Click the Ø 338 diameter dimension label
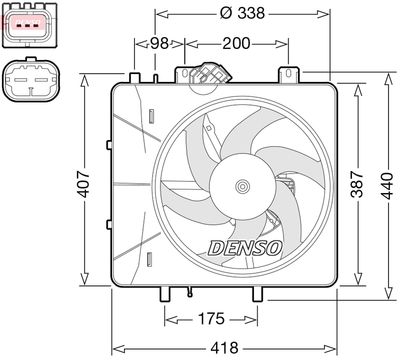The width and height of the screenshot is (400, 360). tap(242, 13)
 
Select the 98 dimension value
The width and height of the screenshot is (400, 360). tap(159, 43)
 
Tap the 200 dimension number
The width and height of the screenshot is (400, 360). tap(236, 43)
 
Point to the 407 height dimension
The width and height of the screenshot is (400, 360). tap(83, 184)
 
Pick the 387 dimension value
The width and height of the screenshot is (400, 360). tap(358, 184)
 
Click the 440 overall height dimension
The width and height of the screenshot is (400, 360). tap(387, 186)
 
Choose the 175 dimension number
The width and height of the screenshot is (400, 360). tap(211, 319)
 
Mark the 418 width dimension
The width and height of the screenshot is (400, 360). tap(225, 348)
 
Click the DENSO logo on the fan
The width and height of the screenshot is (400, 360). tap(245, 248)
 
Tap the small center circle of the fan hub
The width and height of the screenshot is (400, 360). tap(242, 186)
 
